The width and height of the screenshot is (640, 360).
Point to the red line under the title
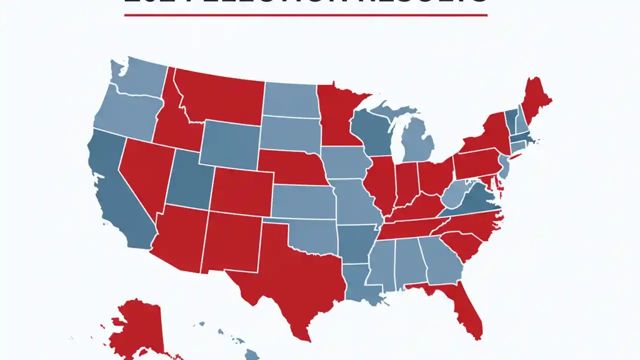click(x=305, y=15)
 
